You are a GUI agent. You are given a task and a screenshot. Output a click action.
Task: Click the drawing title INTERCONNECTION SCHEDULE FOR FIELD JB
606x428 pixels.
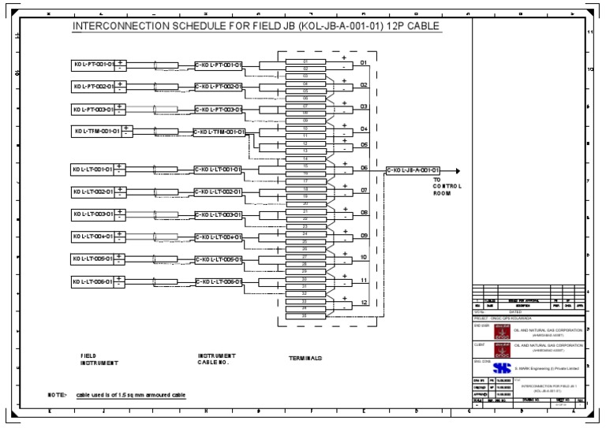[256, 27]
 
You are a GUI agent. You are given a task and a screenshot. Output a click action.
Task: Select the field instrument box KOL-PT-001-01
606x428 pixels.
[92, 64]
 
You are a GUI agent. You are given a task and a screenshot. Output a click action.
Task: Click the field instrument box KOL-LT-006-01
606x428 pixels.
[92, 281]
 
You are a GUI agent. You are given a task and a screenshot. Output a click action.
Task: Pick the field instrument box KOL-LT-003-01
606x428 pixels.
[92, 214]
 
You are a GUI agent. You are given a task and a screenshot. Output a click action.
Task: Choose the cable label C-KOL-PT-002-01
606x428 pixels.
[219, 87]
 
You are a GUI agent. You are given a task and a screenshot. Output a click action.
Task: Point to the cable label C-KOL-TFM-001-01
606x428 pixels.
[220, 132]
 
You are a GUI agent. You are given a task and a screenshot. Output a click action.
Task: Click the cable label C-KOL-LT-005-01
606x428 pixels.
[219, 259]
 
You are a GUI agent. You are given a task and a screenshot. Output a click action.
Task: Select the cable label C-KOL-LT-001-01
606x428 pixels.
[219, 169]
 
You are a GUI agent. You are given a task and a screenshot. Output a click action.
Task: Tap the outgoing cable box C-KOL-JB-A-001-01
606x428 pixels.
[413, 169]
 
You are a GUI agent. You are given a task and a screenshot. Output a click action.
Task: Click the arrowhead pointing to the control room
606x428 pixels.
[456, 169]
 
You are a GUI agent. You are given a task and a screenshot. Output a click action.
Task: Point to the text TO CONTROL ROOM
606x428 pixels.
[447, 186]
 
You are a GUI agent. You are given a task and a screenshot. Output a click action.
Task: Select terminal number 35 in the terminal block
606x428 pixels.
[305, 316]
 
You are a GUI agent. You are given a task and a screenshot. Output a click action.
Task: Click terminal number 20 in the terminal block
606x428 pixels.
[305, 203]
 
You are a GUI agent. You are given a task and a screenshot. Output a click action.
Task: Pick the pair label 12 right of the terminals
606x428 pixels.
[364, 303]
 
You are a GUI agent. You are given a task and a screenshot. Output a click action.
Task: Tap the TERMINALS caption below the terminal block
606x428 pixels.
[305, 359]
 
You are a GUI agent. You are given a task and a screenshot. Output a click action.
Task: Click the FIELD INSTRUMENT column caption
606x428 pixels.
[99, 359]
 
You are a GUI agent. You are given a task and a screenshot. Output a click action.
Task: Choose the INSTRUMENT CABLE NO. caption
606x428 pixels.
[217, 359]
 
